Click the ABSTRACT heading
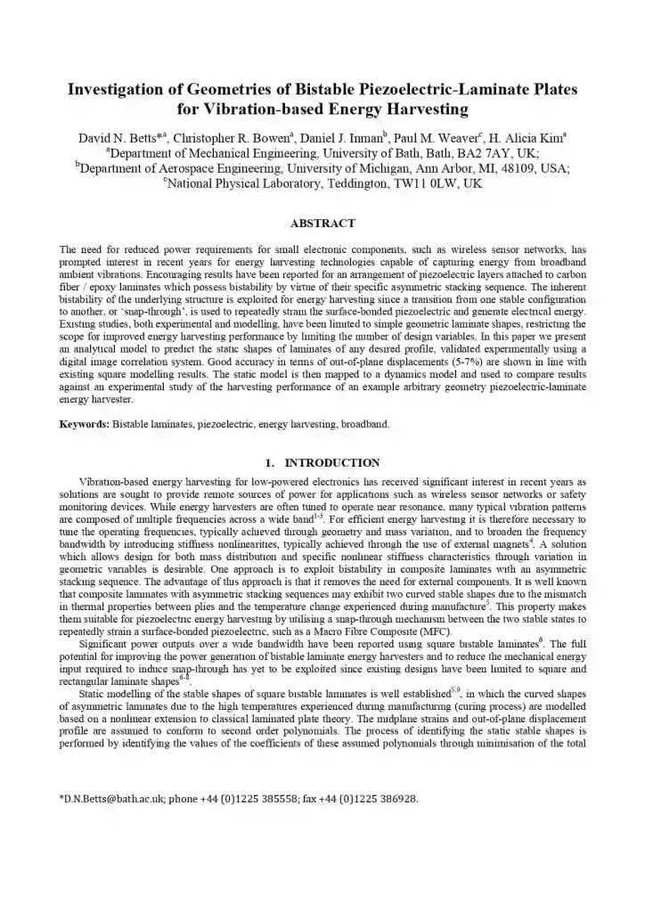click(x=322, y=223)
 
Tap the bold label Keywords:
click(x=85, y=424)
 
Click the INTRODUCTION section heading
click(x=331, y=462)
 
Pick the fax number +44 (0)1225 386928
click(x=371, y=799)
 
